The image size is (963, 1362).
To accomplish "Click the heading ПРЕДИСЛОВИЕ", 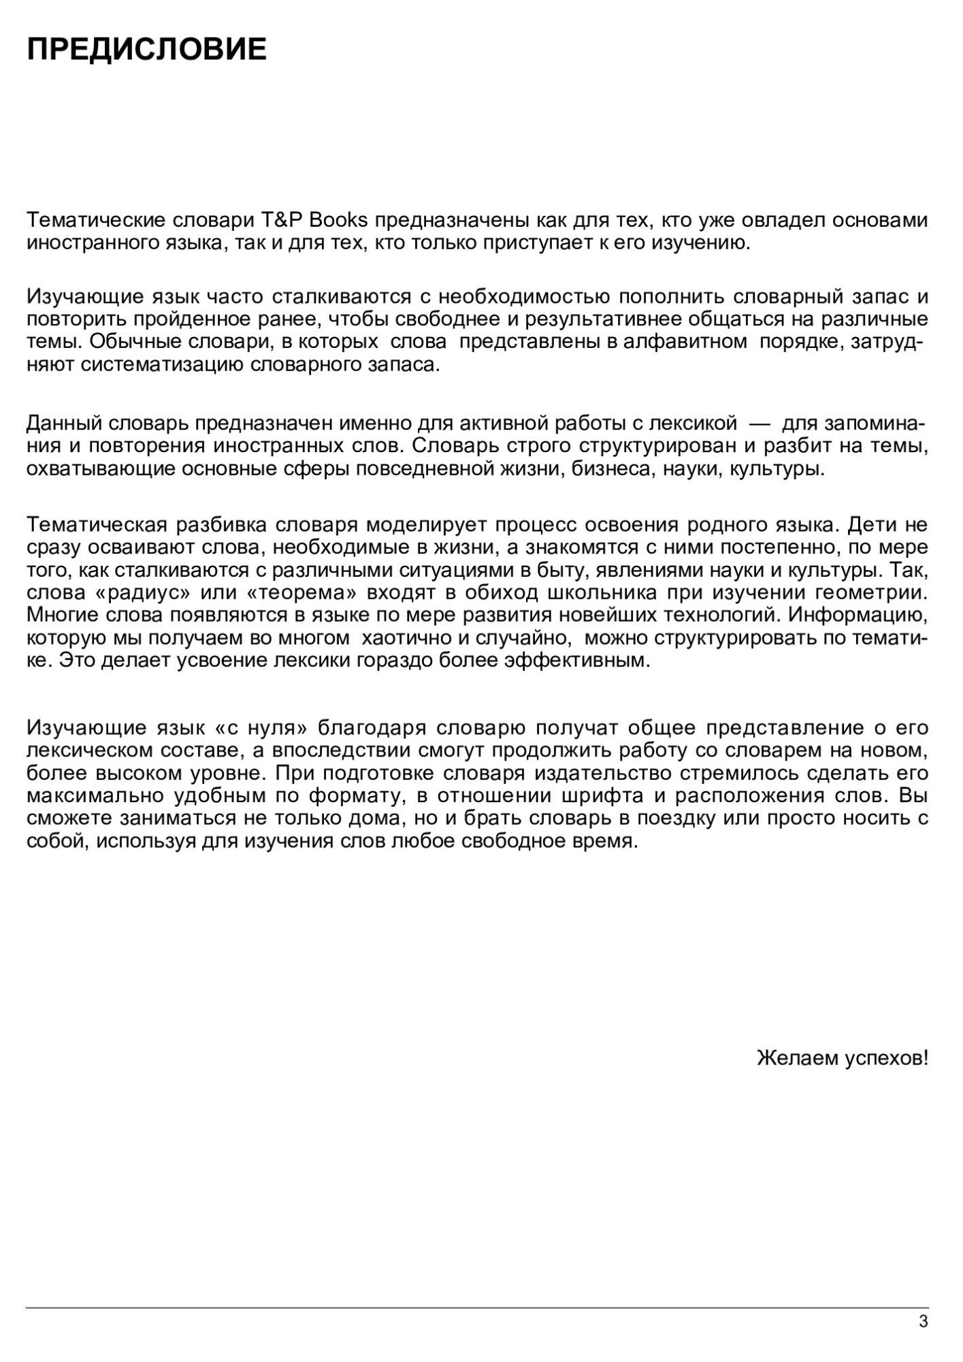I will point(146,50).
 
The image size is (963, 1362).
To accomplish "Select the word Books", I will point(338,220).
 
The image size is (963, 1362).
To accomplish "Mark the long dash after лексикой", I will point(760,424).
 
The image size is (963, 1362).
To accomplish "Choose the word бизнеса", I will point(609,469).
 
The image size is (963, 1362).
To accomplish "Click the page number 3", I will point(923,1322).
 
